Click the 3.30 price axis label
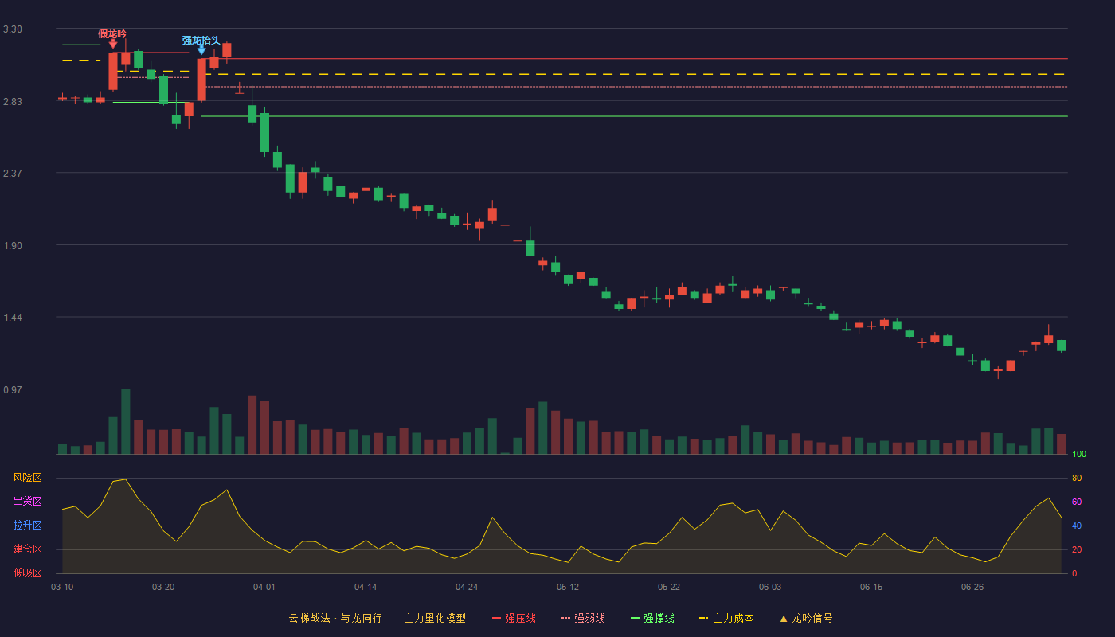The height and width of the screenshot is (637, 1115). pos(13,29)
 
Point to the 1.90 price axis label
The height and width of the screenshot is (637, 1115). pos(13,246)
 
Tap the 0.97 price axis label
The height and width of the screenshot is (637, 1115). pos(13,389)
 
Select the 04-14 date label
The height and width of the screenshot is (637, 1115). pos(366,588)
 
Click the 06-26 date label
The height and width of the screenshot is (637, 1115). pos(972,588)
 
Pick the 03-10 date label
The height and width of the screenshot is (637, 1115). pos(62,588)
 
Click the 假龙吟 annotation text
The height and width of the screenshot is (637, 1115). pos(112,33)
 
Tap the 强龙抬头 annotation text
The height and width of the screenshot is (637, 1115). pos(201,41)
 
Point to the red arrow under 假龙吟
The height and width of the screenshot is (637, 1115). pos(113,44)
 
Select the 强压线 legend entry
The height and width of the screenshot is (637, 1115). pos(514,618)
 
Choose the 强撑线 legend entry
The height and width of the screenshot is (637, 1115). pos(652,618)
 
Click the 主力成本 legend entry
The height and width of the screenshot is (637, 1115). pos(726,618)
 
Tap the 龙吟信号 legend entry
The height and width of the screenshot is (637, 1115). pos(806,618)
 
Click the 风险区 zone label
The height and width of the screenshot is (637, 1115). pos(27,478)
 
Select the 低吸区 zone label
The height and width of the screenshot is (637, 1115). pos(27,573)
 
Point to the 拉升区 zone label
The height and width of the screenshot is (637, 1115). pos(27,526)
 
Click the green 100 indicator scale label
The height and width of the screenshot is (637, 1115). pos(1079,454)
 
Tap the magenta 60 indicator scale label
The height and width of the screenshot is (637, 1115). pos(1077,502)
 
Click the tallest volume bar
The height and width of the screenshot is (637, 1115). pos(126,421)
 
